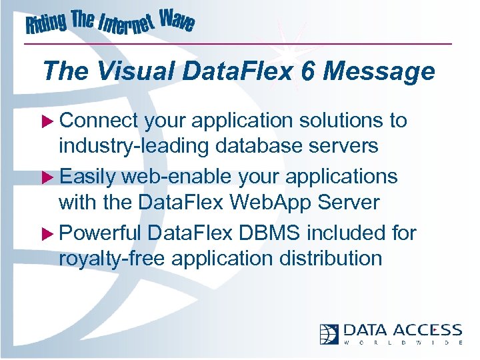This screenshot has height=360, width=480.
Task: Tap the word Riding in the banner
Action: [x=47, y=25]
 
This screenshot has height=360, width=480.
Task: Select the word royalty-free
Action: [x=112, y=258]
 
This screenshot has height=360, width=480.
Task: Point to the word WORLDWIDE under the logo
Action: [x=403, y=343]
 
